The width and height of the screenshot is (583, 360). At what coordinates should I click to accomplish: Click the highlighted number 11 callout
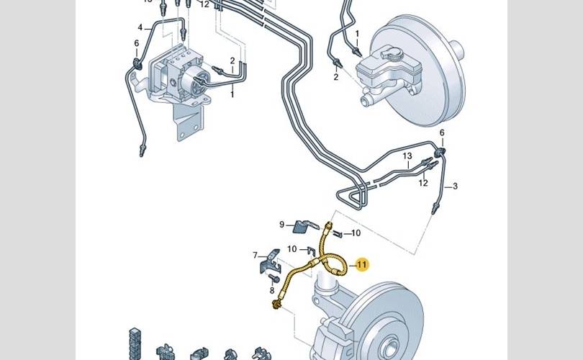coord(362,265)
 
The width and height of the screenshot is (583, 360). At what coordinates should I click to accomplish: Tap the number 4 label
coord(141,28)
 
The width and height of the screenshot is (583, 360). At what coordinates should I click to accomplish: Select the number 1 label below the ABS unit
coord(232,94)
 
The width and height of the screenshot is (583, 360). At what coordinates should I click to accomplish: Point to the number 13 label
coord(407,156)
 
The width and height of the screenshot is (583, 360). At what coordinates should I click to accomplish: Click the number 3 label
coord(455,186)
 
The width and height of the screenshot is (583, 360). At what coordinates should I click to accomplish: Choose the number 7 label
coord(255,255)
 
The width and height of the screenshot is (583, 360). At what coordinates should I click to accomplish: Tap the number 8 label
coord(272,291)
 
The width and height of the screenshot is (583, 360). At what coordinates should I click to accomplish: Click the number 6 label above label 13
coord(443,133)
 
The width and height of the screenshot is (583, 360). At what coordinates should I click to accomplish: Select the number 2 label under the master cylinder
coord(335,76)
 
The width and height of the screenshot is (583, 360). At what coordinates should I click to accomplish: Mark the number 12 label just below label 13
coord(424,183)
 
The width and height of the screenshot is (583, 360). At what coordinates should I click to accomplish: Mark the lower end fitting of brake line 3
coord(435,210)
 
